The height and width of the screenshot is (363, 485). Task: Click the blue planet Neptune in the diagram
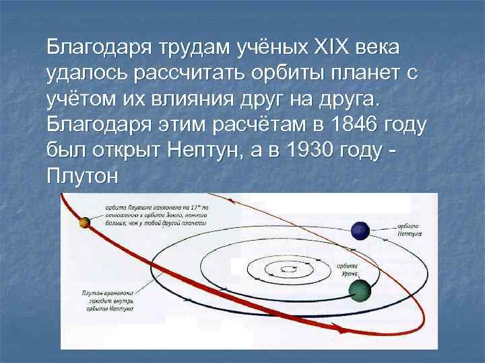click(361, 231)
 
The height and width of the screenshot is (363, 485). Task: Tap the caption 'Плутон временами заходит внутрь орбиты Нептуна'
click(108, 300)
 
